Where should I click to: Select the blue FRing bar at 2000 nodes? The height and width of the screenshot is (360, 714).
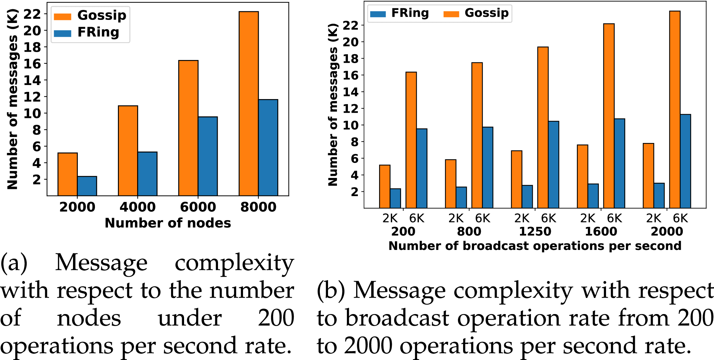[x=87, y=186]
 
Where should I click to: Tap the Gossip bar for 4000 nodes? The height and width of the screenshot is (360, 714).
[x=128, y=151]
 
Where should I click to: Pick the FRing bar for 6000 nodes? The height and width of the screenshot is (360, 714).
[x=208, y=156]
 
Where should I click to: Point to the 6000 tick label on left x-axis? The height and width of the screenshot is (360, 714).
[x=198, y=207]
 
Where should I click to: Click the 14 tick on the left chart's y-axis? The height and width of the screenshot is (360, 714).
[x=32, y=81]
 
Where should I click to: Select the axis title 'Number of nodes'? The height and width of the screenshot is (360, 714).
[x=168, y=223]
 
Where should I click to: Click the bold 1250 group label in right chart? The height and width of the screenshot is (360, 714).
[x=535, y=231]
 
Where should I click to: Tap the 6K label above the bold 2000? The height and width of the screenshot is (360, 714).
[x=680, y=218]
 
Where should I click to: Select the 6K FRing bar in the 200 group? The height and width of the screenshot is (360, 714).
[x=422, y=168]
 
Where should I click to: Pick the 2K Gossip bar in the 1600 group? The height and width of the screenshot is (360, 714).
[x=582, y=177]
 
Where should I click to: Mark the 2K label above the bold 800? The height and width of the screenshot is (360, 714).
[x=456, y=218]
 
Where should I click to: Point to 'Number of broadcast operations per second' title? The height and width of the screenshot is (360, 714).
[x=535, y=246]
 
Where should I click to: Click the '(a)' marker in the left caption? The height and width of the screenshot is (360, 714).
[x=14, y=263]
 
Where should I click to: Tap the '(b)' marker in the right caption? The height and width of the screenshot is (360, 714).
[x=330, y=291]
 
